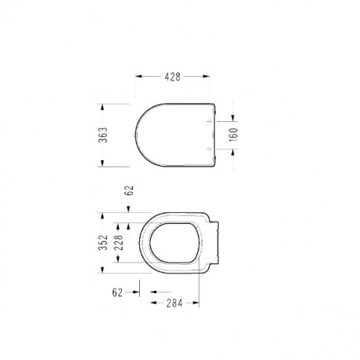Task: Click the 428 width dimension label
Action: [172, 77]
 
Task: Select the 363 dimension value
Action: [103, 134]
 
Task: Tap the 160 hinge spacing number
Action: [233, 134]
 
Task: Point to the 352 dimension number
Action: [103, 242]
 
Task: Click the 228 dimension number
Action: [119, 242]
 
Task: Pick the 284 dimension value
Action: [174, 303]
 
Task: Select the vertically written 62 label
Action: [129, 190]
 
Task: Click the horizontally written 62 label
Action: [117, 292]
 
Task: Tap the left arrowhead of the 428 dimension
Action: [138, 76]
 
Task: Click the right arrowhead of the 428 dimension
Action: [206, 76]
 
